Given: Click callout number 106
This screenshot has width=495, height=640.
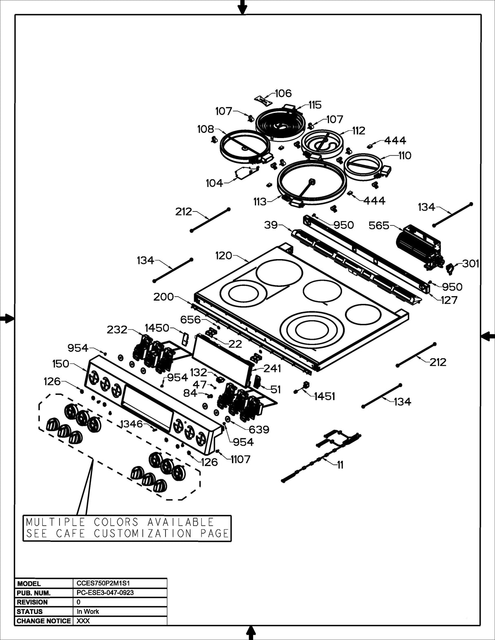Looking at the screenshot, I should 283,93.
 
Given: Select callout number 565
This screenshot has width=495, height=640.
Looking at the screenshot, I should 379,225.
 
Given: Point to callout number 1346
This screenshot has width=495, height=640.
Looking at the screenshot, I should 131,424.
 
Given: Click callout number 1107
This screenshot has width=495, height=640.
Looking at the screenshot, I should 241,459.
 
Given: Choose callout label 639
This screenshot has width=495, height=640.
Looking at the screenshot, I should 259,429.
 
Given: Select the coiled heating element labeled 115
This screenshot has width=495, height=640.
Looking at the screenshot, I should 279,124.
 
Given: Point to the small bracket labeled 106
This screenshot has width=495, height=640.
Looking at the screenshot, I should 263,99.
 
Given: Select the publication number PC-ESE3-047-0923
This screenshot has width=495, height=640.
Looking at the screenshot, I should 105,592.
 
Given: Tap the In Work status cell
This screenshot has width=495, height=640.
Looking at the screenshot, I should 88,611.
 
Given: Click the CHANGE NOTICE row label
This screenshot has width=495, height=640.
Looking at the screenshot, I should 43,621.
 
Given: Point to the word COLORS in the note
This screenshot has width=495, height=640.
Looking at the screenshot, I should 117,522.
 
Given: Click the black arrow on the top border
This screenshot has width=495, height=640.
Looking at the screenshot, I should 243,7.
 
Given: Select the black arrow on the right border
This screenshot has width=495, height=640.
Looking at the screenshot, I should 488,336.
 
